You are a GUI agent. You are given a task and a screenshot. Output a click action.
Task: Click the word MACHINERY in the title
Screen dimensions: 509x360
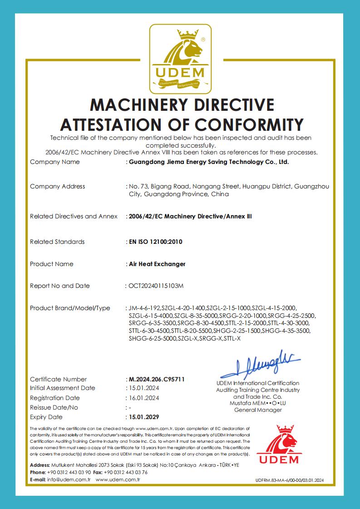pyautogui.click(x=141, y=105)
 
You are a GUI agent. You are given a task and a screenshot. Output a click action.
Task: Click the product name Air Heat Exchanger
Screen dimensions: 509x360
pyautogui.click(x=157, y=264)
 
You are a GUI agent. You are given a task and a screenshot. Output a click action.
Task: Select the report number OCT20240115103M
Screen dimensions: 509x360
pyautogui.click(x=158, y=286)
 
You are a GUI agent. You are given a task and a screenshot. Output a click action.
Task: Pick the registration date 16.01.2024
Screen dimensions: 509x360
pyautogui.click(x=144, y=398)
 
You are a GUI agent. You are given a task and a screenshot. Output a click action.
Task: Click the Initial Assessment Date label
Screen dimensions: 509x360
pyautogui.click(x=63, y=388)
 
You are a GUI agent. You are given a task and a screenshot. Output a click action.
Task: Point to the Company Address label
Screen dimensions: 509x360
pyautogui.click(x=57, y=186)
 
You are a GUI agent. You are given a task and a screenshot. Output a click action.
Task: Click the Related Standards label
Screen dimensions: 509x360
pyautogui.click(x=57, y=242)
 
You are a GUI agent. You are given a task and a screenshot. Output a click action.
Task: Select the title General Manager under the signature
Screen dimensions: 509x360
pyautogui.click(x=258, y=410)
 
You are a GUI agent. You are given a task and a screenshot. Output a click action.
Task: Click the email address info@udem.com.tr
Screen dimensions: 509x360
pyautogui.click(x=69, y=479)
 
